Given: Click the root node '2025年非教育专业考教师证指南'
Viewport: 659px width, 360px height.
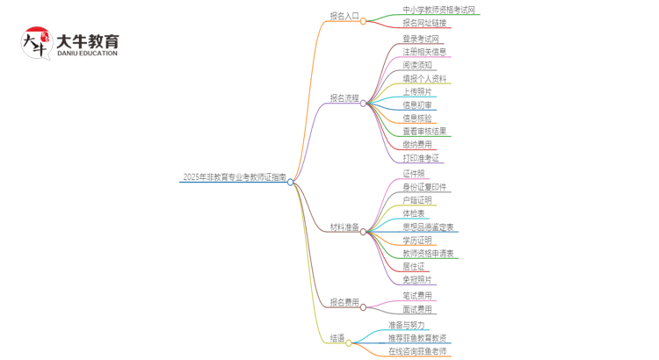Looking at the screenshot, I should pyautogui.click(x=234, y=177).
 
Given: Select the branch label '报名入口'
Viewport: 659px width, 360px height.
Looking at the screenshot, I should pyautogui.click(x=344, y=16).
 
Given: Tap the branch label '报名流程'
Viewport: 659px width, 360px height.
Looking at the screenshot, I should pyautogui.click(x=344, y=98).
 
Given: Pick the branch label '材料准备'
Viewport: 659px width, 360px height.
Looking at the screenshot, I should pyautogui.click(x=344, y=227).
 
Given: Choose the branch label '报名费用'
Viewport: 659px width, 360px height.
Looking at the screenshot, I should pyautogui.click(x=344, y=303).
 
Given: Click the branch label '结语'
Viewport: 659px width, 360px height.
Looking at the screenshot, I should pyautogui.click(x=337, y=338).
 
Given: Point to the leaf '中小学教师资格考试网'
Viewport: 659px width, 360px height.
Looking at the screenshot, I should pyautogui.click(x=426, y=10).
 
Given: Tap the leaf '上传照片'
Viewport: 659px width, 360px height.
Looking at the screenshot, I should pyautogui.click(x=417, y=92).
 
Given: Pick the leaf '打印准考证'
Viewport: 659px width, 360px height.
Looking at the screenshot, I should pyautogui.click(x=421, y=158).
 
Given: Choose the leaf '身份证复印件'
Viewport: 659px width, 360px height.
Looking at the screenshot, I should pyautogui.click(x=424, y=187).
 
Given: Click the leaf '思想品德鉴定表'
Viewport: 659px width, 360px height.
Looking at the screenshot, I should pyautogui.click(x=428, y=227).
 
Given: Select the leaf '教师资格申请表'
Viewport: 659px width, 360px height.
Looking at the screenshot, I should pyautogui.click(x=428, y=254).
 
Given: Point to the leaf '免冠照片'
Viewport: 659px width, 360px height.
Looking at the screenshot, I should pyautogui.click(x=417, y=280).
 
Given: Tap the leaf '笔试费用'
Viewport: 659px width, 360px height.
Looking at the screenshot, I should pyautogui.click(x=417, y=296).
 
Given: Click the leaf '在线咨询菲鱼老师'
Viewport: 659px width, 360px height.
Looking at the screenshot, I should pyautogui.click(x=417, y=351).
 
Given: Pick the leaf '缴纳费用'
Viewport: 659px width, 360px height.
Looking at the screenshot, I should pyautogui.click(x=417, y=145).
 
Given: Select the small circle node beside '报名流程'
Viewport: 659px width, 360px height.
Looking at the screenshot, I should pyautogui.click(x=363, y=103).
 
